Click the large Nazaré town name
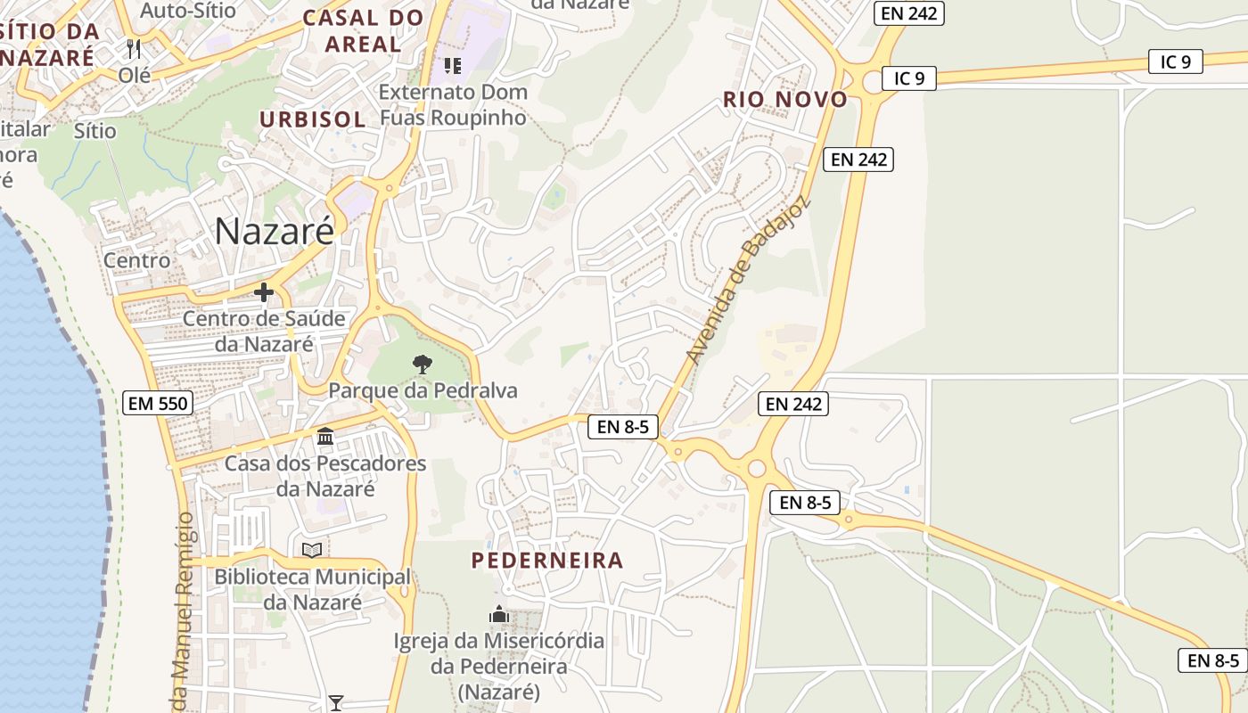coord(275,231)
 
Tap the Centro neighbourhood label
coord(136,260)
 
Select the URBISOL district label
coord(312,119)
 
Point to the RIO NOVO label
coord(784,99)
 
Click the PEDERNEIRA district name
coord(547,561)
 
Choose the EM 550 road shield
coord(157,403)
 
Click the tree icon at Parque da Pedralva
coord(423,364)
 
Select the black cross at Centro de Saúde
coord(264,291)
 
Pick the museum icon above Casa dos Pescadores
coord(325,437)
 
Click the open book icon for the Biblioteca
coord(312,550)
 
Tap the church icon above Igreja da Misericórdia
coord(499,614)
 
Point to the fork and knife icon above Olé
coord(135,48)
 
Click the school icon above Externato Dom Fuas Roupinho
coord(453,65)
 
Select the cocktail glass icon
coord(335,703)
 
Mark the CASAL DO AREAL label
coord(363,30)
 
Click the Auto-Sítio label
coord(188,11)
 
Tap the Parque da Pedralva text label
coord(423,390)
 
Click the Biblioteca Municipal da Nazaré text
coord(312,589)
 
